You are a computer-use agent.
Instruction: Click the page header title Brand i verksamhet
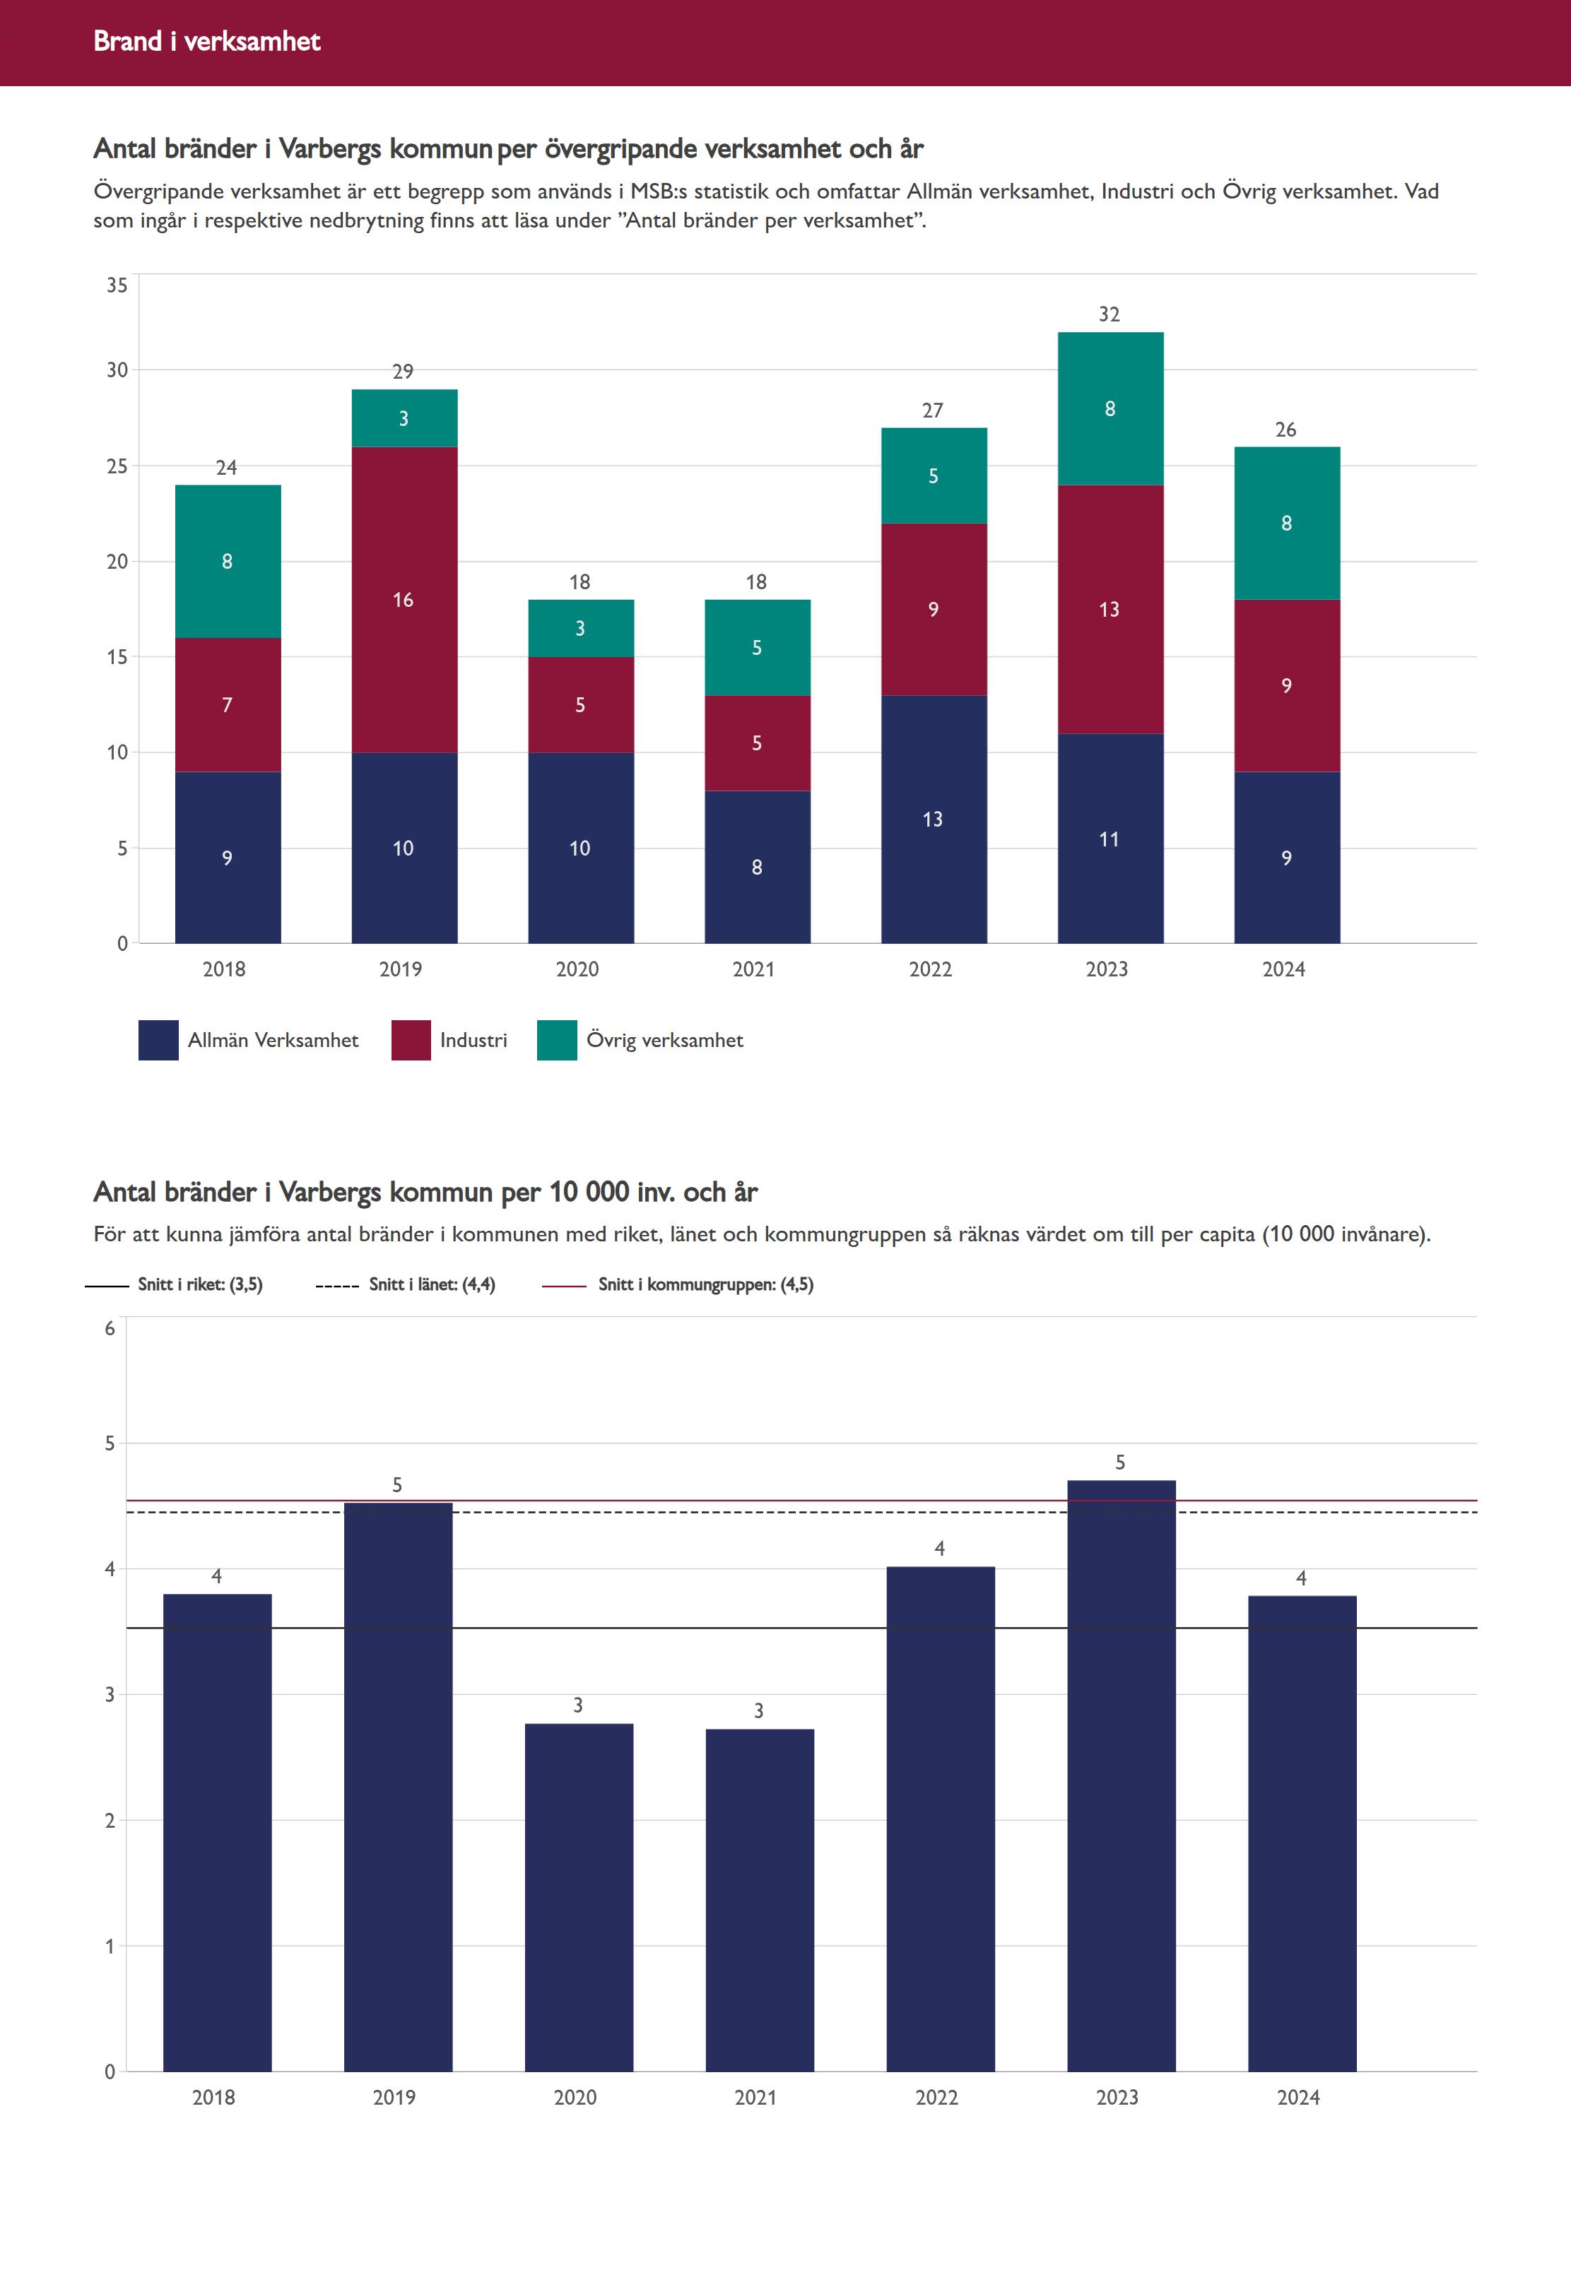(x=206, y=41)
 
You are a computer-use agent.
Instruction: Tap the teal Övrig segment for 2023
(x=1110, y=408)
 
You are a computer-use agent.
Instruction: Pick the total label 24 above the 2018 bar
(x=226, y=468)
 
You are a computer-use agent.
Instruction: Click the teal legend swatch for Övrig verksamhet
(x=557, y=1040)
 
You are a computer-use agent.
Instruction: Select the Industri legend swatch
(x=411, y=1040)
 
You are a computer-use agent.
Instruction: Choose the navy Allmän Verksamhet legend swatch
(x=158, y=1040)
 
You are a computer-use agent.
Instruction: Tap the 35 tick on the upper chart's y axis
(x=117, y=285)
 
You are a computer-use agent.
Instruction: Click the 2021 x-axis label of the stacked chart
(x=754, y=969)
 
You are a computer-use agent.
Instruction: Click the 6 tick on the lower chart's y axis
(x=110, y=1328)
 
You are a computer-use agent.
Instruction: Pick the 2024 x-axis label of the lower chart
(x=1298, y=2097)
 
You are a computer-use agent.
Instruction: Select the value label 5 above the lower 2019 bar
(x=398, y=1485)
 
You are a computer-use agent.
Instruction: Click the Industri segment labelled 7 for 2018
(x=228, y=704)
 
